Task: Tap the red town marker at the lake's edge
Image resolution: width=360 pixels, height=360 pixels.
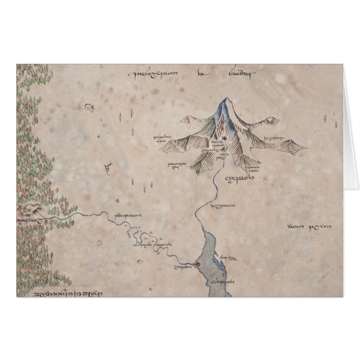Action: (x=197, y=264)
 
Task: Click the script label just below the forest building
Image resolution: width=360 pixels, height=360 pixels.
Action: (x=29, y=221)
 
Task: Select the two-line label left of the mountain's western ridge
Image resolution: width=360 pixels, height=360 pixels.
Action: (x=163, y=138)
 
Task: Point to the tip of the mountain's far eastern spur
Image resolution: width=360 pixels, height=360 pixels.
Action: (x=305, y=148)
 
